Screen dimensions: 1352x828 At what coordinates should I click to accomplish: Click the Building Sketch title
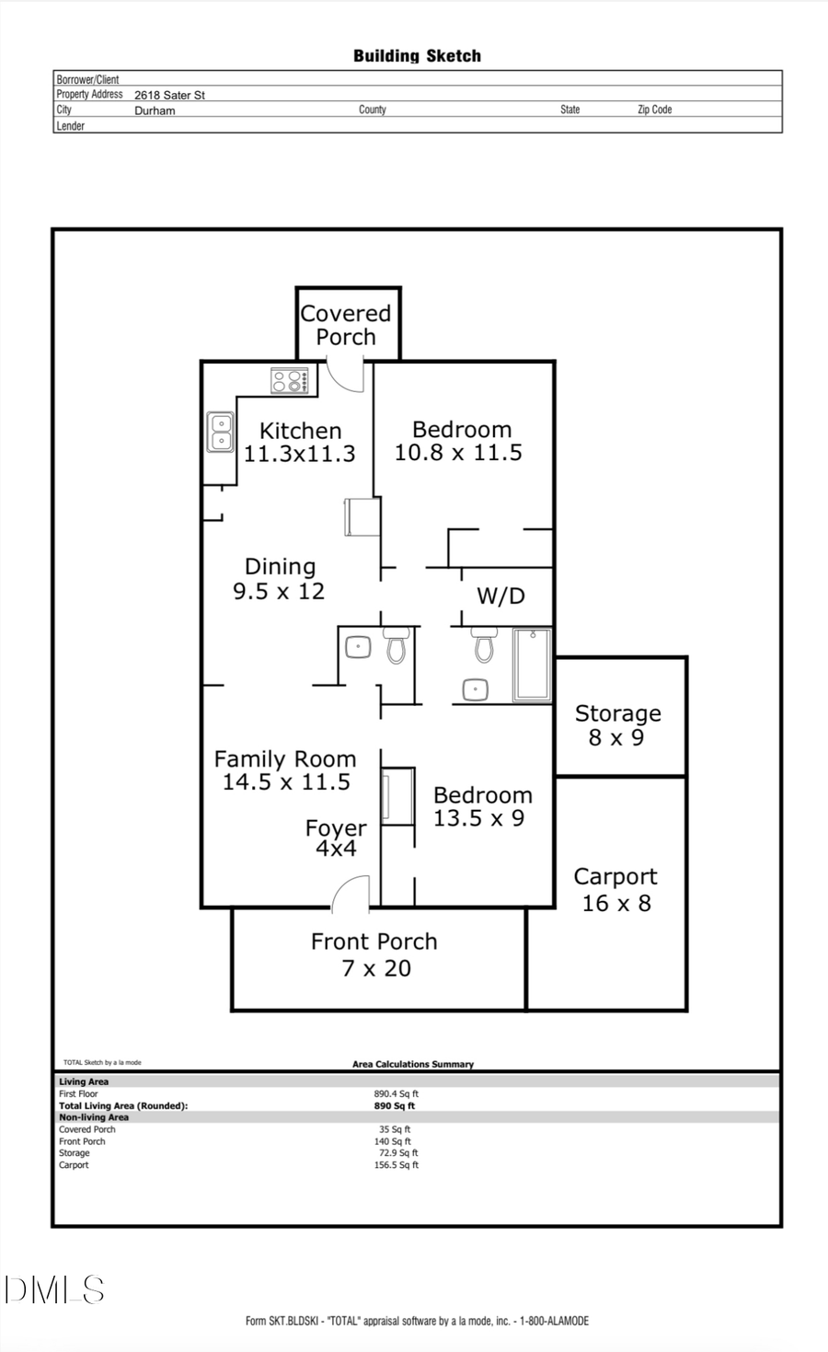click(x=417, y=56)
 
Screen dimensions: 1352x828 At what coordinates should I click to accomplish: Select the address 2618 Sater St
click(x=169, y=95)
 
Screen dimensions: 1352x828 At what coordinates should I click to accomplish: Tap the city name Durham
click(x=155, y=110)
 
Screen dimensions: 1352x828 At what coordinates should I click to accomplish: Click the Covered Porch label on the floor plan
click(x=346, y=325)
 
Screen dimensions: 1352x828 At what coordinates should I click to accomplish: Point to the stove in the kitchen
click(x=289, y=380)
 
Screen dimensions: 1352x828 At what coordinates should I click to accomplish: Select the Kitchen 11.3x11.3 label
click(x=300, y=442)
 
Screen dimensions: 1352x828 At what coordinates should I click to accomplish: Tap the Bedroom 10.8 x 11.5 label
click(x=460, y=441)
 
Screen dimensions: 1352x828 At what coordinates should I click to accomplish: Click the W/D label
click(x=500, y=596)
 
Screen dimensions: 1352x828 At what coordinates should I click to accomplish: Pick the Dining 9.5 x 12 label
click(x=280, y=579)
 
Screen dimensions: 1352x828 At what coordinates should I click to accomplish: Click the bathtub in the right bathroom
click(x=532, y=664)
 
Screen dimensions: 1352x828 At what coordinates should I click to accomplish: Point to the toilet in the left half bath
click(x=397, y=646)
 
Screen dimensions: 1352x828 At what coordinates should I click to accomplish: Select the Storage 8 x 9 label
click(x=617, y=725)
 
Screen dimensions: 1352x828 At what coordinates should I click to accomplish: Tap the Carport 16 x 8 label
click(x=615, y=890)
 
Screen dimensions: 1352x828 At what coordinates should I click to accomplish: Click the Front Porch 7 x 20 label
click(x=374, y=954)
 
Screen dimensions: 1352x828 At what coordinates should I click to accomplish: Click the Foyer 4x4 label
click(x=336, y=838)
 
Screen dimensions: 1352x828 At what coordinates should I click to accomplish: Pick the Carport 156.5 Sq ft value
click(x=396, y=1165)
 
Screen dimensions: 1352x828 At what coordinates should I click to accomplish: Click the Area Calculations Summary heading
click(x=413, y=1064)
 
